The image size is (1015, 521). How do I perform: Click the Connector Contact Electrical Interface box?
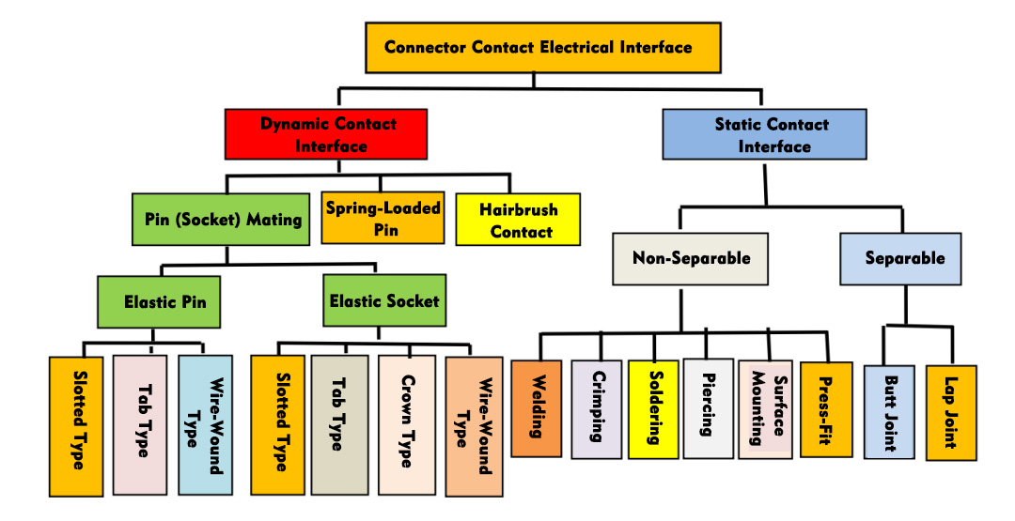542,47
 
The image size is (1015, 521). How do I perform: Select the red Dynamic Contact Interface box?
326,134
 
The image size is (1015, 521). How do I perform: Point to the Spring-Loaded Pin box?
383,218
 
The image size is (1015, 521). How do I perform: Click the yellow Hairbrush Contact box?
518,220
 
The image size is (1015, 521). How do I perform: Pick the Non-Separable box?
691,257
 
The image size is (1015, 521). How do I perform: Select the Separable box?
899,257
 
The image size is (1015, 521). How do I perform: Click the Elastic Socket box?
383,301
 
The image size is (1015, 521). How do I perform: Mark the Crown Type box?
406,424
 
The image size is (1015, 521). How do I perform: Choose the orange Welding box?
537,408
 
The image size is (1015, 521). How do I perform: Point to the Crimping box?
596,409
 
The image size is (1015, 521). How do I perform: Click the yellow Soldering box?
653,409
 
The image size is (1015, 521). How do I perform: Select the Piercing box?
708,409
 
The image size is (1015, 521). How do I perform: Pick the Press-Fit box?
826,409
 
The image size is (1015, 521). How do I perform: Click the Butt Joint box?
888,412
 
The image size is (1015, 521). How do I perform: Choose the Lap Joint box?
950,412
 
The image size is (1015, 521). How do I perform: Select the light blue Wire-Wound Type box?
204,424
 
